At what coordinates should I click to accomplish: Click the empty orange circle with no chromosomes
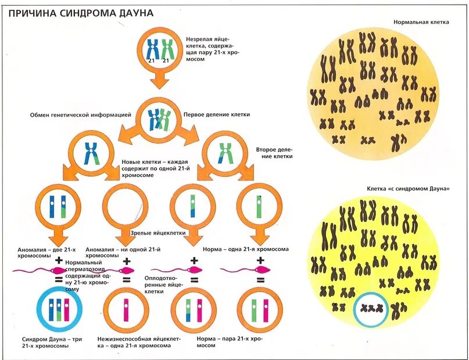click(x=126, y=206)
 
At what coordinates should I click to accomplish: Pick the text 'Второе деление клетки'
click(x=274, y=153)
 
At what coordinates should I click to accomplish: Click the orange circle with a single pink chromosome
click(x=126, y=309)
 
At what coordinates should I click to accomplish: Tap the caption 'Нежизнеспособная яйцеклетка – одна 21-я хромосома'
click(x=138, y=341)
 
